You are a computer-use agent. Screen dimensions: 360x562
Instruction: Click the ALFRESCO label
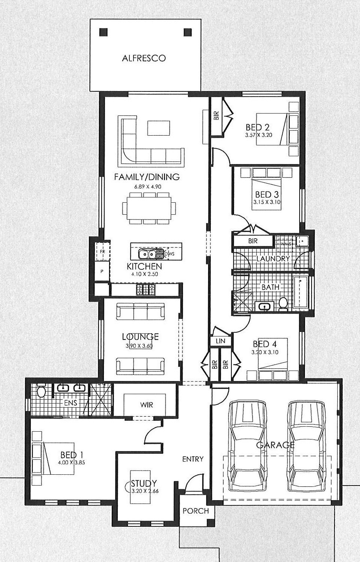(144, 58)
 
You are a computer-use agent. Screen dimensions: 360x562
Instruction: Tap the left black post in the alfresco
(103, 32)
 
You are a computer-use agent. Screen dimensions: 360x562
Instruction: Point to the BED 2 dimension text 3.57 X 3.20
(259, 135)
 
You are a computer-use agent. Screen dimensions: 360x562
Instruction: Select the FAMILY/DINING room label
(147, 177)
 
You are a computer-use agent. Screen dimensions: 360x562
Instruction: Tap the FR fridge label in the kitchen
(102, 251)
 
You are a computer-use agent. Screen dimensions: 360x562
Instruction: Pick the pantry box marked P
(102, 271)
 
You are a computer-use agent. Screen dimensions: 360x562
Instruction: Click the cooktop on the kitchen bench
(146, 289)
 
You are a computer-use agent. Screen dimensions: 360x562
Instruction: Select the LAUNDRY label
(273, 259)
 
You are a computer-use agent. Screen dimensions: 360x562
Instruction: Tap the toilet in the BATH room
(283, 304)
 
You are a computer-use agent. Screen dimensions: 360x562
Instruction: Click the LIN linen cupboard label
(220, 341)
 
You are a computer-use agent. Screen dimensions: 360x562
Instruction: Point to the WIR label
(147, 404)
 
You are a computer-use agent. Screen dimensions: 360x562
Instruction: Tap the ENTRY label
(193, 459)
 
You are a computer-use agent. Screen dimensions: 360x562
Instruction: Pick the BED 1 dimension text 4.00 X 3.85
(71, 462)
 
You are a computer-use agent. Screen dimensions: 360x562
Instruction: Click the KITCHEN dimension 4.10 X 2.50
(145, 274)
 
